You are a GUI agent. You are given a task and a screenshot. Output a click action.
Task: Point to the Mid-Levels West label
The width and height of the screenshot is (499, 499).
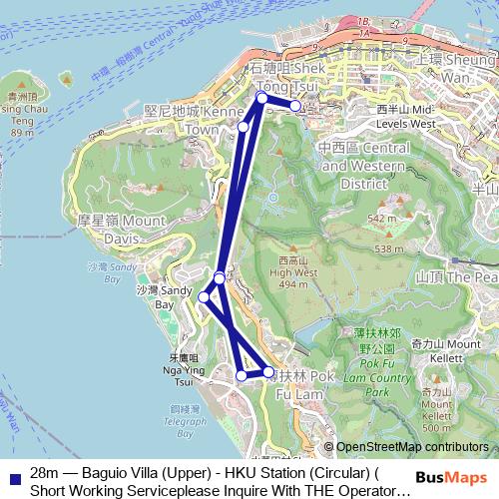(407, 116)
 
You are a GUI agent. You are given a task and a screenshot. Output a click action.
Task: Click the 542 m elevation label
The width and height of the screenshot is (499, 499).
(381, 218)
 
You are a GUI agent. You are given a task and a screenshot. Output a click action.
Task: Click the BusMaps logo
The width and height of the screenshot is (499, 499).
(459, 478)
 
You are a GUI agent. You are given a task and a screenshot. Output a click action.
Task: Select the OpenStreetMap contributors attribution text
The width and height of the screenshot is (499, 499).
(412, 447)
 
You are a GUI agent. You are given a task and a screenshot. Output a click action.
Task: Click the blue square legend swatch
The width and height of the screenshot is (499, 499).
(12, 476)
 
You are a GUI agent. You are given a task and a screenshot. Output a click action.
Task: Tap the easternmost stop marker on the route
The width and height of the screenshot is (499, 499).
(295, 105)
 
